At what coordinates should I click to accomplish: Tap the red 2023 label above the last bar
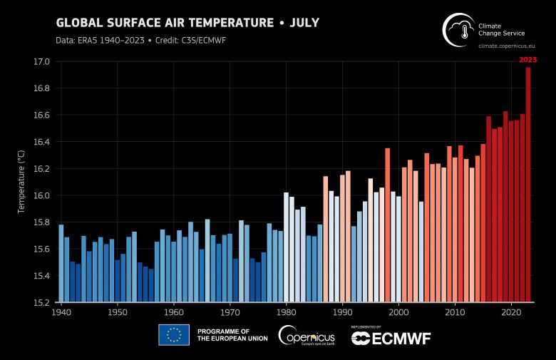click(x=527, y=60)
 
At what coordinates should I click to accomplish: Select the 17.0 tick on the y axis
click(x=42, y=62)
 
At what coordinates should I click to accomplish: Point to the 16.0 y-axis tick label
click(x=42, y=196)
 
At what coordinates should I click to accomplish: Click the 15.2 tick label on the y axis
click(x=42, y=302)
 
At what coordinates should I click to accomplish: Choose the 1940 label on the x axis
click(x=61, y=312)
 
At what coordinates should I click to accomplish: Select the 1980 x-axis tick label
click(x=286, y=312)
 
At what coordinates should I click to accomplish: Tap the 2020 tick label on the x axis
click(x=511, y=312)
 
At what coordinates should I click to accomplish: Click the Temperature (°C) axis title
click(x=21, y=182)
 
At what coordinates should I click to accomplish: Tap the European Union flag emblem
click(x=173, y=334)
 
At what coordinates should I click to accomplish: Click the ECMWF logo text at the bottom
click(x=391, y=338)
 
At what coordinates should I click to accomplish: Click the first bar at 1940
click(x=61, y=263)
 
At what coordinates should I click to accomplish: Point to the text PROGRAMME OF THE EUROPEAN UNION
click(x=232, y=335)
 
